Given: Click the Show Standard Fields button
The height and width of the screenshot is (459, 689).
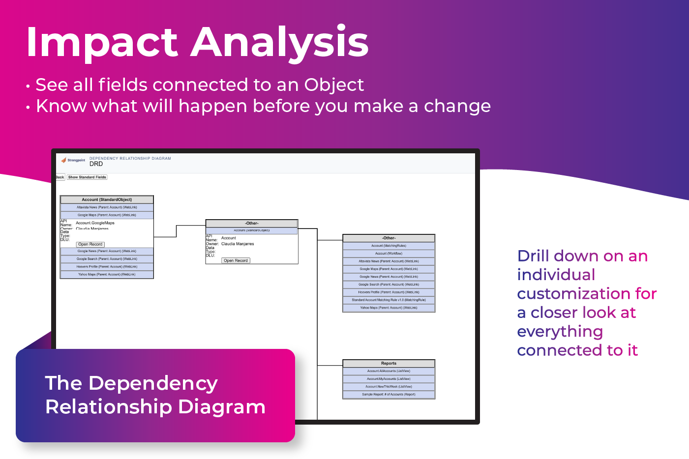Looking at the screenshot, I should click(87, 177).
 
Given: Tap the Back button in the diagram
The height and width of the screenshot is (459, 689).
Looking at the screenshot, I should click(60, 177).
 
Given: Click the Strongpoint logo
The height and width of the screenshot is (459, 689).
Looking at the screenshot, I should click(73, 160).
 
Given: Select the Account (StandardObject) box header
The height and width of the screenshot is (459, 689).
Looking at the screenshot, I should click(107, 200).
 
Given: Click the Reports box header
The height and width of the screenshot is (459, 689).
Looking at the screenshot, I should click(389, 364).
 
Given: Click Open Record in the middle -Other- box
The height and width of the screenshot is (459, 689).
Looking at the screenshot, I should click(236, 260).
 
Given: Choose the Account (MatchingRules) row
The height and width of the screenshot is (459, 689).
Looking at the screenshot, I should click(389, 246).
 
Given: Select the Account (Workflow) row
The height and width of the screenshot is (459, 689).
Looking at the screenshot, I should click(389, 254).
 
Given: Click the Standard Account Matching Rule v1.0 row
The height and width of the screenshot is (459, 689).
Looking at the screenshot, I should click(389, 300).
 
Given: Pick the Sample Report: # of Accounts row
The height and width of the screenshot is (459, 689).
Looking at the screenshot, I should click(389, 394).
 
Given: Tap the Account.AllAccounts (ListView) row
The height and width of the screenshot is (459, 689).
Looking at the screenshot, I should click(389, 371).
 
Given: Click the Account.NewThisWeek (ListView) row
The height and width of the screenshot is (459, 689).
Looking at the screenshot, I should click(389, 387).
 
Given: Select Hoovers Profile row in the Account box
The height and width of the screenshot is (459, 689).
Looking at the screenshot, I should click(107, 267).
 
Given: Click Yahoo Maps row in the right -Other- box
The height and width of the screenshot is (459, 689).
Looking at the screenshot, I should click(389, 308).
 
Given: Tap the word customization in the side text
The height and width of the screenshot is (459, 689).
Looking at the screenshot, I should click(573, 294).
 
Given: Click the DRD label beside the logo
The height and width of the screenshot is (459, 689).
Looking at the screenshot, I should click(96, 164).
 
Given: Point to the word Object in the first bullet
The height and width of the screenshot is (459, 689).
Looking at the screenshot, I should click(334, 85).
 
